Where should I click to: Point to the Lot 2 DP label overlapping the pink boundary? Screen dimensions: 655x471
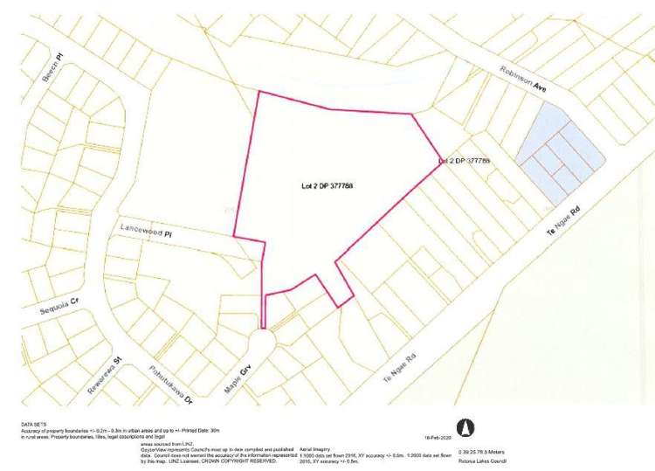pos(464,161)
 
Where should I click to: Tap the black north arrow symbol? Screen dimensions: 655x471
pos(467,426)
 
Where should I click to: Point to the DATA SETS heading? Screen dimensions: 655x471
pos(32,423)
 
